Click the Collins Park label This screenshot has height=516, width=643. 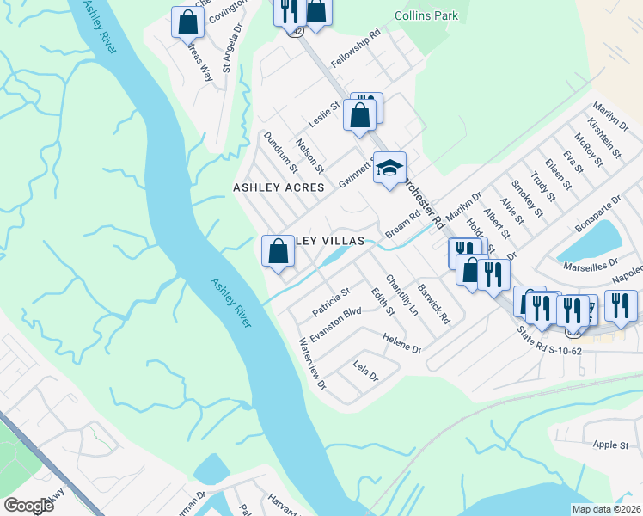pyautogui.click(x=426, y=15)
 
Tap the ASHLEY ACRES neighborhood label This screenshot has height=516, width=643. pyautogui.click(x=279, y=187)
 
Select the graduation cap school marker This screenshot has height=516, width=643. pyautogui.click(x=389, y=168)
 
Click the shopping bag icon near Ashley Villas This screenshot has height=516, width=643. pyautogui.click(x=278, y=252)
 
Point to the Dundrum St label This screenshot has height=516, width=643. pyautogui.click(x=280, y=150)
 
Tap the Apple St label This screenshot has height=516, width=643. pyautogui.click(x=611, y=445)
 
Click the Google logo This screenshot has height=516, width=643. pyautogui.click(x=28, y=506)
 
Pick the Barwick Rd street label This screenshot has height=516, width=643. pyautogui.click(x=433, y=304)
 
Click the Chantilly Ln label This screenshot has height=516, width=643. pyautogui.click(x=401, y=294)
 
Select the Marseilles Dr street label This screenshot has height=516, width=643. pyautogui.click(x=590, y=263)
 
